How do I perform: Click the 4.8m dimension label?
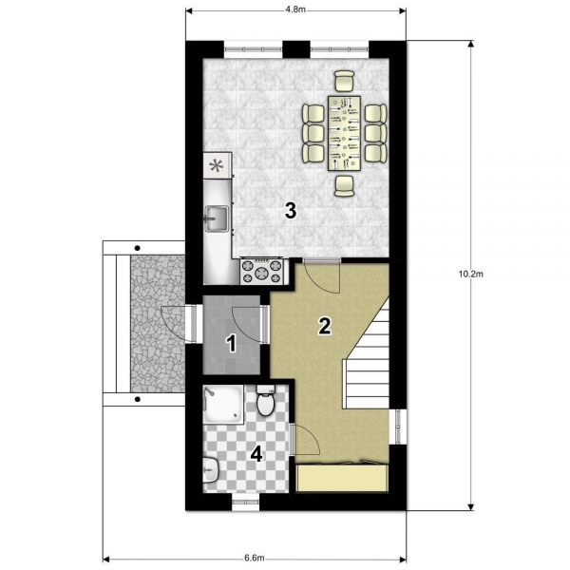click(x=295, y=9)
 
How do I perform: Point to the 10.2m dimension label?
click(x=471, y=275)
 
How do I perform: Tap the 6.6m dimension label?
click(x=254, y=558)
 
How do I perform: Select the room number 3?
click(x=291, y=211)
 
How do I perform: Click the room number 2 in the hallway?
click(x=324, y=326)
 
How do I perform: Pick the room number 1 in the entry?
click(x=231, y=344)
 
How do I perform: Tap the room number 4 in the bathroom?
click(x=257, y=454)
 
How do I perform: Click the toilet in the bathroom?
click(x=266, y=401)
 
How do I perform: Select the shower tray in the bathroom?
click(x=223, y=405)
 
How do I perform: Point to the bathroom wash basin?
click(x=211, y=470)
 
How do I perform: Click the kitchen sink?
click(x=217, y=218)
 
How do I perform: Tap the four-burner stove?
click(x=261, y=271)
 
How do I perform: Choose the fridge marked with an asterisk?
click(x=218, y=165)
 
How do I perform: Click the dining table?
click(x=344, y=133)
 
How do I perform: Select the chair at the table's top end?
click(x=344, y=81)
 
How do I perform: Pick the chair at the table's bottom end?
click(x=344, y=186)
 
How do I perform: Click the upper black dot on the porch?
click(x=138, y=248)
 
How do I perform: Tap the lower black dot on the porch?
click(x=138, y=399)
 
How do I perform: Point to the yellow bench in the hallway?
click(x=343, y=478)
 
